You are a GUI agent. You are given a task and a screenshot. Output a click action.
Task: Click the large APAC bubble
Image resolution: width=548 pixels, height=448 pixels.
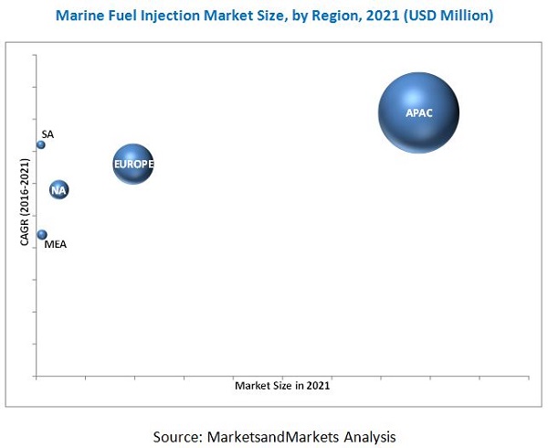click(418, 112)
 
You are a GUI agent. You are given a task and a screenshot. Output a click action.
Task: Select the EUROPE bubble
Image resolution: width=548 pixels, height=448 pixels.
click(133, 165)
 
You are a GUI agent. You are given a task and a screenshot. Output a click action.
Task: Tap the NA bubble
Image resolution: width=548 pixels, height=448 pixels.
click(58, 190)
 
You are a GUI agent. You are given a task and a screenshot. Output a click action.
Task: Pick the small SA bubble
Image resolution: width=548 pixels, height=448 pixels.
click(41, 144)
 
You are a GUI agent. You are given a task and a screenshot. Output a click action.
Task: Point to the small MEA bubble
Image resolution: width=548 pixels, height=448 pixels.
click(42, 235)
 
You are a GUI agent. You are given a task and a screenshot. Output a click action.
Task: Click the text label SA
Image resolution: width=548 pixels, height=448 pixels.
click(47, 134)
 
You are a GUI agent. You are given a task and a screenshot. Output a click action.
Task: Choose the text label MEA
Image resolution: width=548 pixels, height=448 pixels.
click(56, 244)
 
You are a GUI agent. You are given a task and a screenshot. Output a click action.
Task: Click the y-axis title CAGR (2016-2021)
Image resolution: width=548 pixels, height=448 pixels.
click(26, 202)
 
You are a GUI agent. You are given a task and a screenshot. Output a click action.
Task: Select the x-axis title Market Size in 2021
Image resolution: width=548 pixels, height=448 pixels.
click(282, 386)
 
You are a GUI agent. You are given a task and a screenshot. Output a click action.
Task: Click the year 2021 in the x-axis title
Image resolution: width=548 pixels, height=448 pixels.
click(318, 386)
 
